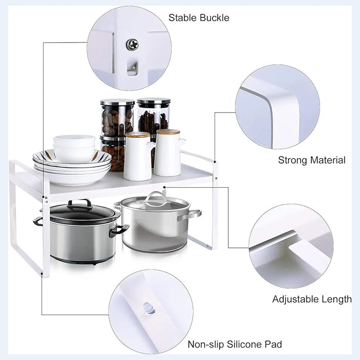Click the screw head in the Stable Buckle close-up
click(132, 45)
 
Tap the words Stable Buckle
click(199, 18)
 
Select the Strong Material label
click(312, 160)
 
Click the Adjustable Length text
click(312, 299)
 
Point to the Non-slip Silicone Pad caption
click(235, 344)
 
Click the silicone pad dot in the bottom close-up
click(148, 308)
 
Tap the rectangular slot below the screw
click(132, 68)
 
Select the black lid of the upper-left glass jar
click(117, 102)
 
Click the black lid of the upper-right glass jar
click(153, 102)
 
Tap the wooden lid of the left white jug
click(137, 135)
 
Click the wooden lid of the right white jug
click(168, 132)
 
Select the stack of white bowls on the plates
click(74, 148)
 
